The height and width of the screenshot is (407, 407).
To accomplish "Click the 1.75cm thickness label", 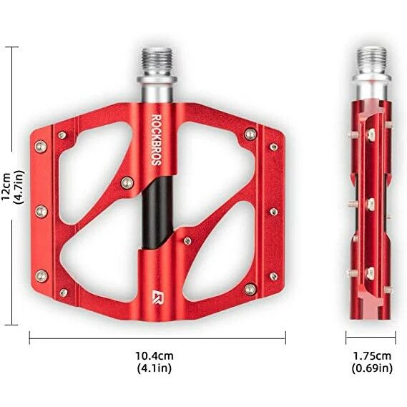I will pos(371,355).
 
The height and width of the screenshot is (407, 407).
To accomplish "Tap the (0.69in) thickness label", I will pos(371,368).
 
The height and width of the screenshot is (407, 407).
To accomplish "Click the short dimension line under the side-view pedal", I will pos(371,338).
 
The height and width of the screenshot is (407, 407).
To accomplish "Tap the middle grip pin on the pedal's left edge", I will pos(41,210).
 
